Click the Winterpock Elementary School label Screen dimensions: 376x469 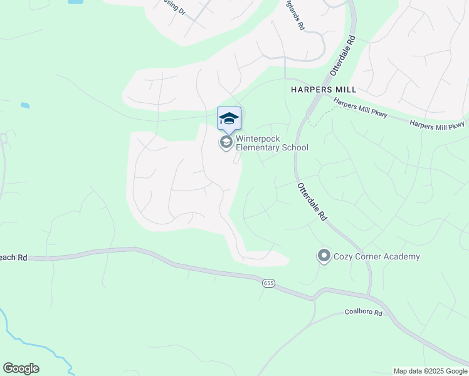pos(271,143)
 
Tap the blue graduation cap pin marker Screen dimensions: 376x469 pos(229,118)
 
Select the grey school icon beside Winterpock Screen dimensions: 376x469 pos(226,142)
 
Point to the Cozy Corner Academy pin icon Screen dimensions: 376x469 pos(324,256)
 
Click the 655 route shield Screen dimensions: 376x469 pos(269,283)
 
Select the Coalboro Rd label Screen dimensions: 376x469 pos(363,312)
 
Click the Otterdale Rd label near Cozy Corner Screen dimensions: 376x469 pos(312,201)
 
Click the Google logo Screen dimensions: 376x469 pos(21,368)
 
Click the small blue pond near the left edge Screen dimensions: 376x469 pos(25,105)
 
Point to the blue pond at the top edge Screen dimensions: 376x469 pos(75,2)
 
